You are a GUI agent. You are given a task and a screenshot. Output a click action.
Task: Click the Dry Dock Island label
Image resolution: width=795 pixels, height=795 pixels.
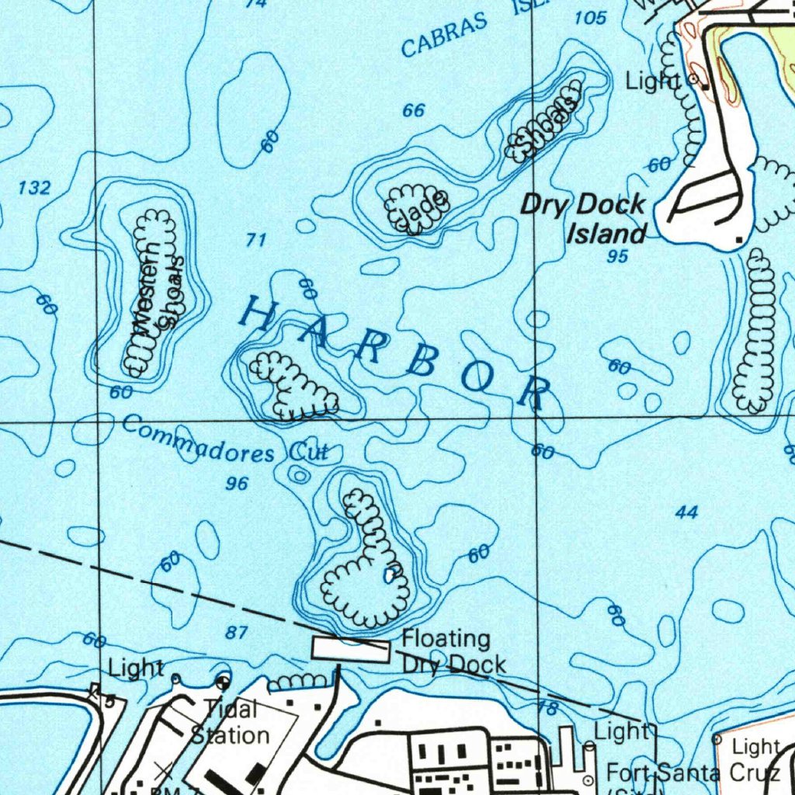584,219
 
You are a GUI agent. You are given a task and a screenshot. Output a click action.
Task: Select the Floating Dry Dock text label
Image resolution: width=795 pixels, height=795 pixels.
453,651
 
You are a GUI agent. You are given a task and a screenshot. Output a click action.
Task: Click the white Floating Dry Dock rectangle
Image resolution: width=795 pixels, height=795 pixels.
350,650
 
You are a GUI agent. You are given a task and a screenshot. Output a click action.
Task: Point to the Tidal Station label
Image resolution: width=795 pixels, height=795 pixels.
231,721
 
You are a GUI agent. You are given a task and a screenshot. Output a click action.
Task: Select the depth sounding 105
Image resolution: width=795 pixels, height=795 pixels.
591,18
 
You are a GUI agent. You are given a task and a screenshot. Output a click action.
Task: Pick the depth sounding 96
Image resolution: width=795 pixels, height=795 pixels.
237,484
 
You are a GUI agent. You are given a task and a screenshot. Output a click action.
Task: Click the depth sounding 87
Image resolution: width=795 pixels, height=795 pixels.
237,633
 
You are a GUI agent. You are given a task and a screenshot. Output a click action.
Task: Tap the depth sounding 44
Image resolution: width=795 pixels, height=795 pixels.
686,512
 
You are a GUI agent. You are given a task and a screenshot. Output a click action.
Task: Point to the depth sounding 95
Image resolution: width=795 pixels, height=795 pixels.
617,257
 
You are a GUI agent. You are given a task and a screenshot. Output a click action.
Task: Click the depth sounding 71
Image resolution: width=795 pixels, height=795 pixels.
256,241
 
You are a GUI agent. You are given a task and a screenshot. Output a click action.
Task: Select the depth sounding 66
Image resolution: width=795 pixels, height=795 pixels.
414,111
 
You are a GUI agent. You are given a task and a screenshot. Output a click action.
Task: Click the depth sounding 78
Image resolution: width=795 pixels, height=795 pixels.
547,707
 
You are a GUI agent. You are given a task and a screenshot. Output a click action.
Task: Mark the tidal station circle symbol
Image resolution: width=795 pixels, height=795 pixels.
224,683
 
